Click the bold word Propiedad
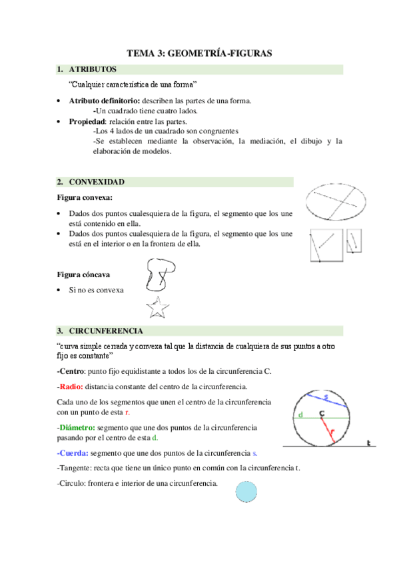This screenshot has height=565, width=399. coord(87,122)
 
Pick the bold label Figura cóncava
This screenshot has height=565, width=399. coord(83,275)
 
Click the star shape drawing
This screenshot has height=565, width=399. coord(157,308)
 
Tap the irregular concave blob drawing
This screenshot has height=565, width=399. coord(160,274)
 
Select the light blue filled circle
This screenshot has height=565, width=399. coord(246,492)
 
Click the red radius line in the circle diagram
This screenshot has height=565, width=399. coord(329,430)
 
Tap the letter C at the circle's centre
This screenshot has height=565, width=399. coord(322,414)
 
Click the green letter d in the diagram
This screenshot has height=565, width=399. coord(301,416)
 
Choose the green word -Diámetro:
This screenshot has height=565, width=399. coord(76,427)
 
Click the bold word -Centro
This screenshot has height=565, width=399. coord(71,371)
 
